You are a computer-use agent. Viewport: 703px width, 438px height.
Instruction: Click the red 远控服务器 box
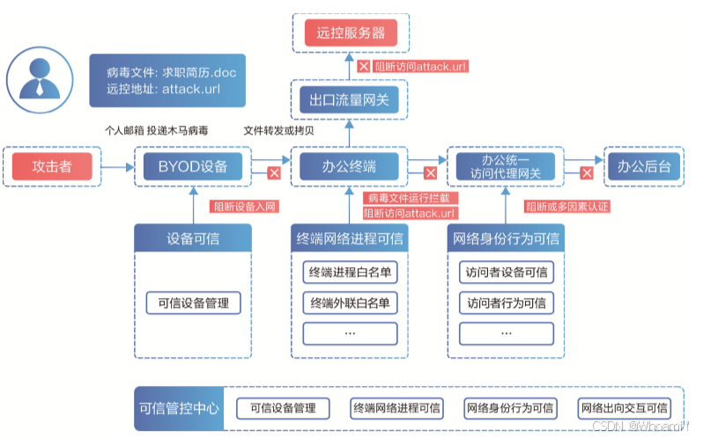tap(351, 33)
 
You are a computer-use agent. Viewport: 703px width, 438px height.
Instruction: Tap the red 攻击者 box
tap(52, 166)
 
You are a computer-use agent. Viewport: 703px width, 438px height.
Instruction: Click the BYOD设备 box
tap(192, 166)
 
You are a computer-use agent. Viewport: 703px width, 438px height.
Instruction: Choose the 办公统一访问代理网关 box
tap(505, 166)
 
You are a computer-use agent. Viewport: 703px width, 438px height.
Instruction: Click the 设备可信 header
tap(193, 238)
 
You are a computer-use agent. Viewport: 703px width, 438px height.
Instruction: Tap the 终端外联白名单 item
tap(350, 303)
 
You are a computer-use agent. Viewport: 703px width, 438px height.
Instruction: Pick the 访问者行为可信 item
tap(506, 303)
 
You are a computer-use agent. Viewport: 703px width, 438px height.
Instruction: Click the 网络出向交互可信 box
tap(624, 408)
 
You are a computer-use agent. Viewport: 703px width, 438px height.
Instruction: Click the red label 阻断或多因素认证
tap(567, 207)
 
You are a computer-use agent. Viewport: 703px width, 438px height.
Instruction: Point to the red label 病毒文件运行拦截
tap(411, 199)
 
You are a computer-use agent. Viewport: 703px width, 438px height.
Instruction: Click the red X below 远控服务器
tap(362, 67)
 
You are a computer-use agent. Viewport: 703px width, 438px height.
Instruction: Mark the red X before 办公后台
tap(586, 172)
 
